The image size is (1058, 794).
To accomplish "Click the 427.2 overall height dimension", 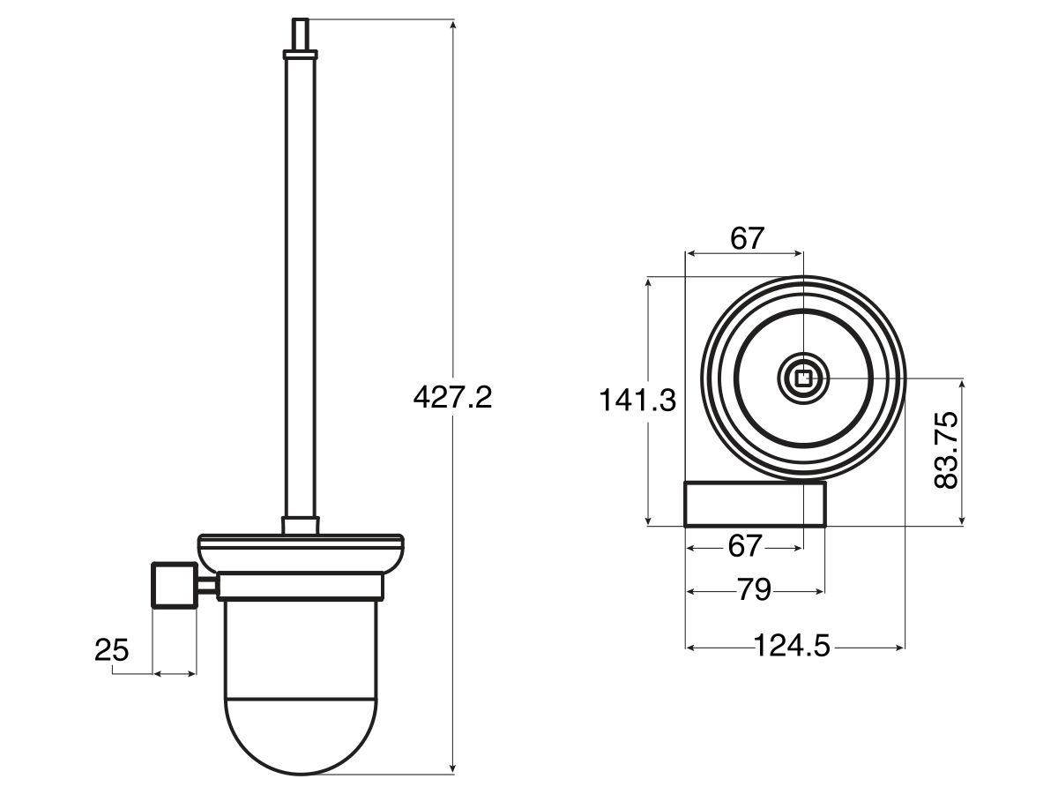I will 452,398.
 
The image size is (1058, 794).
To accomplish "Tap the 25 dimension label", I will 112,651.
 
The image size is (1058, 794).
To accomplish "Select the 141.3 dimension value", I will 637,401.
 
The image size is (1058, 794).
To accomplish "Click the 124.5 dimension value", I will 793,647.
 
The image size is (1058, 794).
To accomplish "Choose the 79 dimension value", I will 754,590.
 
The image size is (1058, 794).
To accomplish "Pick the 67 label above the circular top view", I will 746,238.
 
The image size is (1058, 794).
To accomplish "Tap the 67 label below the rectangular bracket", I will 745,547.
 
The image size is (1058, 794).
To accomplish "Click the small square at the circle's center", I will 803,379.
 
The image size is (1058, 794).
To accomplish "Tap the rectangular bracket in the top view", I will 756,504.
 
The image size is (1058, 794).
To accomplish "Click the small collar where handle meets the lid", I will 300,525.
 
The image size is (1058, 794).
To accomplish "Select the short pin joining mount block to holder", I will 207,585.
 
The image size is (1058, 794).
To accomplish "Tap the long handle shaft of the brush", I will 300,282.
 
